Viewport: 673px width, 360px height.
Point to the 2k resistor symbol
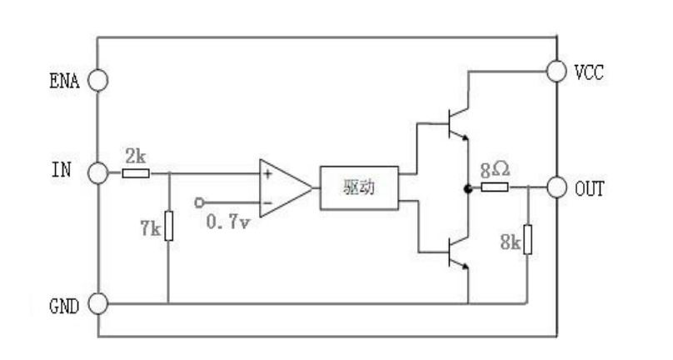136,173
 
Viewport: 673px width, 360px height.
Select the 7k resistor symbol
169,226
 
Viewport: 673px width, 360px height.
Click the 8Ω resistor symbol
495,187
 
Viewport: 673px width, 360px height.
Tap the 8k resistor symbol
527,239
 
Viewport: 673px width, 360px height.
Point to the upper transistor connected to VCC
457,123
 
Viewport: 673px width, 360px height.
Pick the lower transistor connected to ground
457,252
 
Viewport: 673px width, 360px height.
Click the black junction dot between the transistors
468,188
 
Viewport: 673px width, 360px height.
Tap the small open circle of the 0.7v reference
199,202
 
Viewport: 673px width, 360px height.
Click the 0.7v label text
228,222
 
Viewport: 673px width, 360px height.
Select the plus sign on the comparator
268,174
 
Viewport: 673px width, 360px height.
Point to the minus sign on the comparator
267,202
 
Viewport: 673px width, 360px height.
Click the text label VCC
589,72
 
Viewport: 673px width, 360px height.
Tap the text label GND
64,307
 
